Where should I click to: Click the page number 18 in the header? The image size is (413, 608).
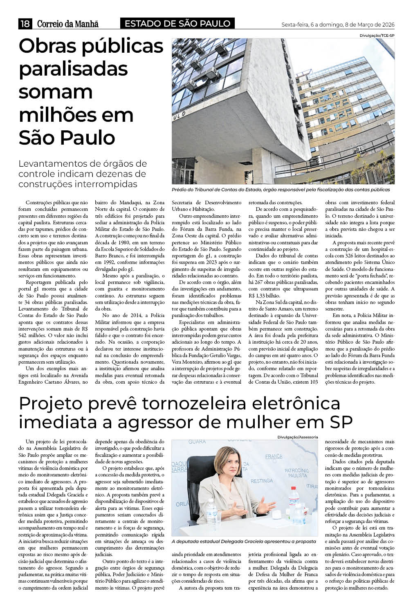pyautogui.click(x=25, y=24)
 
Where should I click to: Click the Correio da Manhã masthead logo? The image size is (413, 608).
pyautogui.click(x=68, y=24)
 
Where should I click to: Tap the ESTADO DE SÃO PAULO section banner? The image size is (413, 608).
pyautogui.click(x=177, y=24)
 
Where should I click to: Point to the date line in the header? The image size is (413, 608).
pyautogui.click(x=338, y=25)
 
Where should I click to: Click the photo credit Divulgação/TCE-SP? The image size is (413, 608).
pyautogui.click(x=377, y=36)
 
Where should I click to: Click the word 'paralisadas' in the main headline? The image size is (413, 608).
pyautogui.click(x=73, y=68)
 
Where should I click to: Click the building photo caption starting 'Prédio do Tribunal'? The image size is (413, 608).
pyautogui.click(x=281, y=190)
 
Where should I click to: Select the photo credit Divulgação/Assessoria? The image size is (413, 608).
pyautogui.click(x=297, y=437)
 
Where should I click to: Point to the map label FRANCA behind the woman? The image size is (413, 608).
pyautogui.click(x=274, y=456)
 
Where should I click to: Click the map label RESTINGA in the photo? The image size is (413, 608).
pyautogui.click(x=261, y=481)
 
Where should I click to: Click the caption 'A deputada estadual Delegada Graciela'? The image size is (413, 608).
pyautogui.click(x=244, y=541)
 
